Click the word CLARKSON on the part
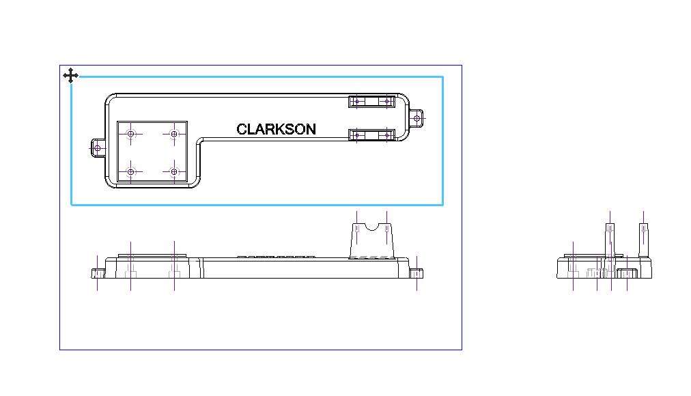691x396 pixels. [277, 129]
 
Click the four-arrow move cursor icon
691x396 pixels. [70, 76]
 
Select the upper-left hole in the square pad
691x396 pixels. [130, 134]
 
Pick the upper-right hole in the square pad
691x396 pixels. [174, 134]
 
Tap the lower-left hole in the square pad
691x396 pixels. [130, 172]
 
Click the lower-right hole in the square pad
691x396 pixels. [174, 172]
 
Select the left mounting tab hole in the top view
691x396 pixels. [98, 148]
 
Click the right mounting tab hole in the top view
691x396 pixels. [417, 119]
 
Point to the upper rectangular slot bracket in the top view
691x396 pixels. [372, 102]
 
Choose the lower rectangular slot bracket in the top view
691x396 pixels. [372, 135]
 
